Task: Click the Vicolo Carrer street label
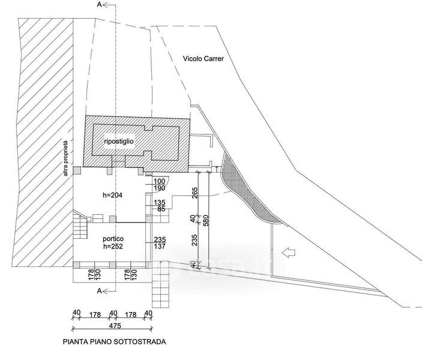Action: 203,59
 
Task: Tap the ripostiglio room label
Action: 119,141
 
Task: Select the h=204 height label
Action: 112,196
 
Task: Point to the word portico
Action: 113,239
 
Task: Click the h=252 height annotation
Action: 113,246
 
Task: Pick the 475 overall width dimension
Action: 115,326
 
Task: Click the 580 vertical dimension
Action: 206,220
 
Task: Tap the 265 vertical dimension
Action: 195,193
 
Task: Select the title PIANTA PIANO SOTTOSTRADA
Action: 115,342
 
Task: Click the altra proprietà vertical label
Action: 65,157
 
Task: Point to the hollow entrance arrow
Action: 289,253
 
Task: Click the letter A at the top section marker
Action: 99,5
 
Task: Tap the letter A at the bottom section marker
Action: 99,291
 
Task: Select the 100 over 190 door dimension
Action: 159,185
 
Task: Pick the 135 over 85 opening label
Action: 159,206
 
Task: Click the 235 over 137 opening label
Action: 160,243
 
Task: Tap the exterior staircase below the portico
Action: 160,284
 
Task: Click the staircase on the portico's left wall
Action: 80,224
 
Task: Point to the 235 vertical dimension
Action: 195,240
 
